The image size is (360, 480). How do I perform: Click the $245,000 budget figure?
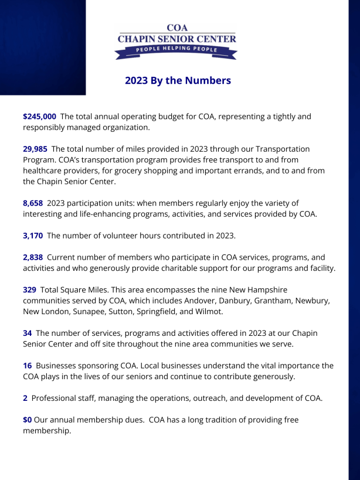click(x=39, y=117)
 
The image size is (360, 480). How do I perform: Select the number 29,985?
click(x=35, y=149)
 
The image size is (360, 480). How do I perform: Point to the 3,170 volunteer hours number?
click(x=33, y=236)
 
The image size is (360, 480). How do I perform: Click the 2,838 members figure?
click(x=33, y=257)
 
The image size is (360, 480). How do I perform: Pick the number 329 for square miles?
click(x=29, y=290)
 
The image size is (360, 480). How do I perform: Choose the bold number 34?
click(x=27, y=333)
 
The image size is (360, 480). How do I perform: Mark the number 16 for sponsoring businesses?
click(x=27, y=365)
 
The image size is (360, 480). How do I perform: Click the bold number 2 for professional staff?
click(x=25, y=398)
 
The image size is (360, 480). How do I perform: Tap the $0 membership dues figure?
click(x=27, y=420)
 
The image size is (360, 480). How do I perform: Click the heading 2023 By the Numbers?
click(x=178, y=80)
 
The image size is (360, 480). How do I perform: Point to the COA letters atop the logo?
click(x=176, y=28)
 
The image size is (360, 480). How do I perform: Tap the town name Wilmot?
click(x=208, y=311)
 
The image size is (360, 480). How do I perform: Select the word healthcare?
click(x=47, y=171)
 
